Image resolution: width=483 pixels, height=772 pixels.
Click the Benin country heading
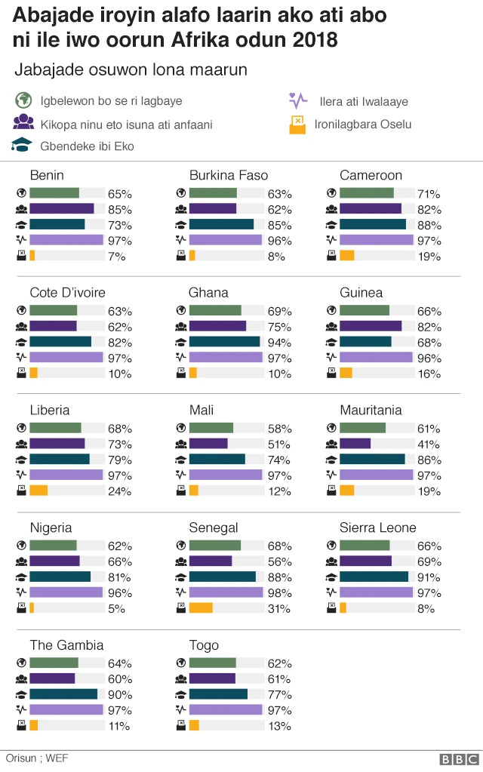coord(47,175)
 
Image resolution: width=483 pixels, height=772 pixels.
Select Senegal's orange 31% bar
coord(201,608)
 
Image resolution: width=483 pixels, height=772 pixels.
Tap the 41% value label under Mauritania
coord(428,444)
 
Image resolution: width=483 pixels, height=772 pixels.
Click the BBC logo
coord(460,759)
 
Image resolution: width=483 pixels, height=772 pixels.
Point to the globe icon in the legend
coord(24,100)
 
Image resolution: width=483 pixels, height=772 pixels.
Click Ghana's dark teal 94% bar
coord(224,342)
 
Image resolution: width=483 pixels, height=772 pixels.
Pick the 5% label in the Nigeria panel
coord(116,608)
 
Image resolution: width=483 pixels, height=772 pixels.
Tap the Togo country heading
coord(204,645)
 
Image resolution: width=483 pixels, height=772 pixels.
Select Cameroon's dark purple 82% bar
coord(371,209)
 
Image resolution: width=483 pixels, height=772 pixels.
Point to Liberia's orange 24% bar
coord(38,491)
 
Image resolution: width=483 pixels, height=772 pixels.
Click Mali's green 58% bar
coord(211,428)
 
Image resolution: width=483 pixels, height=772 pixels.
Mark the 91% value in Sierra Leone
coord(429,577)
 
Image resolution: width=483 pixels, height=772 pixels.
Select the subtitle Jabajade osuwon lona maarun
coord(131,70)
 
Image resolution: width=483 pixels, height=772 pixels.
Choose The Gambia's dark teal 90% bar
coord(63,694)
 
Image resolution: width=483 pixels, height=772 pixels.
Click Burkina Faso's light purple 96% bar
coord(225,240)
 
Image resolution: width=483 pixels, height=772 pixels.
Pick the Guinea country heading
coord(361,293)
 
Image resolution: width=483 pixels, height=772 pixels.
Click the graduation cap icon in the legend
coord(24,145)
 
